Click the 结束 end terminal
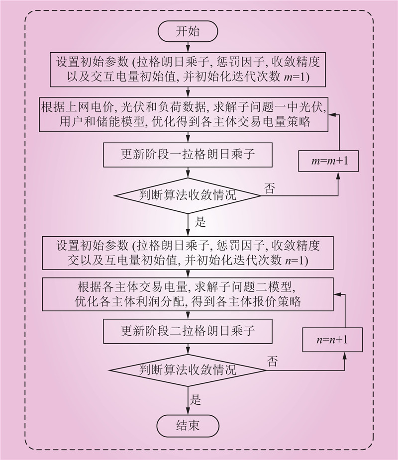coord(188,425)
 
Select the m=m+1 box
coord(328,162)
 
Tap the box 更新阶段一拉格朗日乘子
coord(188,155)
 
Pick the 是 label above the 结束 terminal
coord(196,398)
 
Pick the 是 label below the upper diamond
coord(200,222)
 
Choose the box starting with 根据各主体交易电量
coord(188,294)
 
